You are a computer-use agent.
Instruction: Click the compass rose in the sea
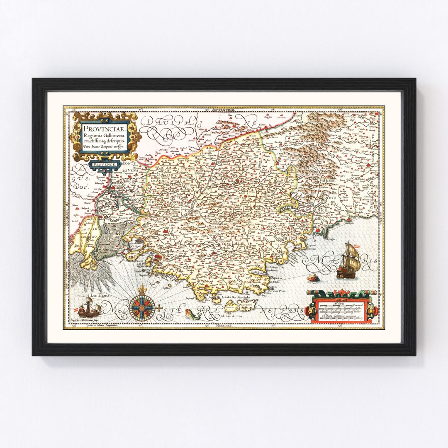tap(142, 307)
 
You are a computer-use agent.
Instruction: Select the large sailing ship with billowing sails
tap(348, 261)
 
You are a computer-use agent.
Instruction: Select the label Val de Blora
tap(327, 180)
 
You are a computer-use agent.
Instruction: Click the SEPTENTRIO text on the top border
tap(224, 109)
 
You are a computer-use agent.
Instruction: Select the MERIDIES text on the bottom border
tap(224, 326)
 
